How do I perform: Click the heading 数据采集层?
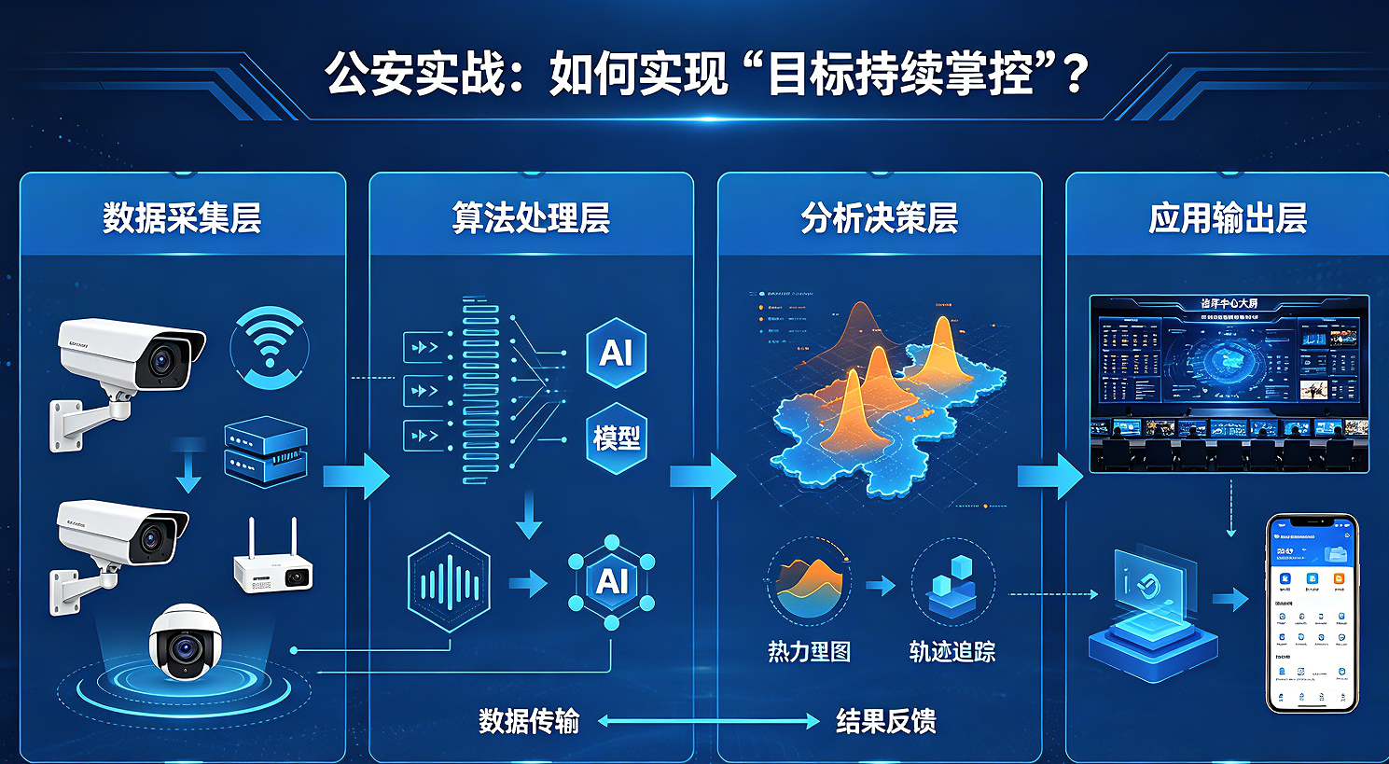(182, 218)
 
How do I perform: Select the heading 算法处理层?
(531, 218)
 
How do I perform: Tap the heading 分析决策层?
(879, 218)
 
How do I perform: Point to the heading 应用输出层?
(1228, 218)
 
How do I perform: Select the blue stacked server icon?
(266, 451)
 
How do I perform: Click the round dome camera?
(185, 642)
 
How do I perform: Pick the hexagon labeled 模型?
(617, 438)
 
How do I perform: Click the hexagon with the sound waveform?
(449, 583)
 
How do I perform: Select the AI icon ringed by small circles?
(612, 581)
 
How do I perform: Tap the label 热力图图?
(809, 651)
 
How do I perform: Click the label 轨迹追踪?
(951, 651)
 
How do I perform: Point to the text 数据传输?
(529, 721)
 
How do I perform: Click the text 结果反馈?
(885, 721)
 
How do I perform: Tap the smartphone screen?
(1312, 614)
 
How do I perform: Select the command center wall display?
(1229, 382)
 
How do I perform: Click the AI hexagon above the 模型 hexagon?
(617, 353)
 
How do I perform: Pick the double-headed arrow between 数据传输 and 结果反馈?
(708, 721)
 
